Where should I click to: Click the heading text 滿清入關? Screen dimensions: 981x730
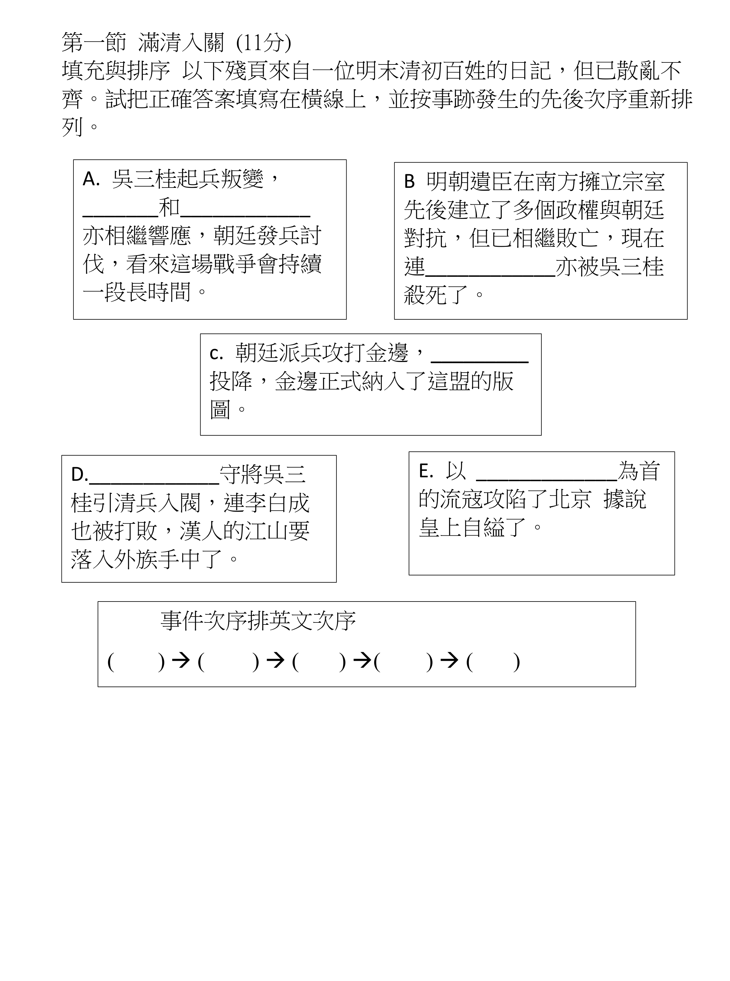click(181, 43)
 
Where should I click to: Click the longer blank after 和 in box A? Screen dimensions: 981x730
click(245, 215)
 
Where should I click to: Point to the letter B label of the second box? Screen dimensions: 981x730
click(409, 182)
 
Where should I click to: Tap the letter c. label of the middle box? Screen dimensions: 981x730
click(216, 354)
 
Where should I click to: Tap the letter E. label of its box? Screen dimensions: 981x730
click(426, 471)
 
